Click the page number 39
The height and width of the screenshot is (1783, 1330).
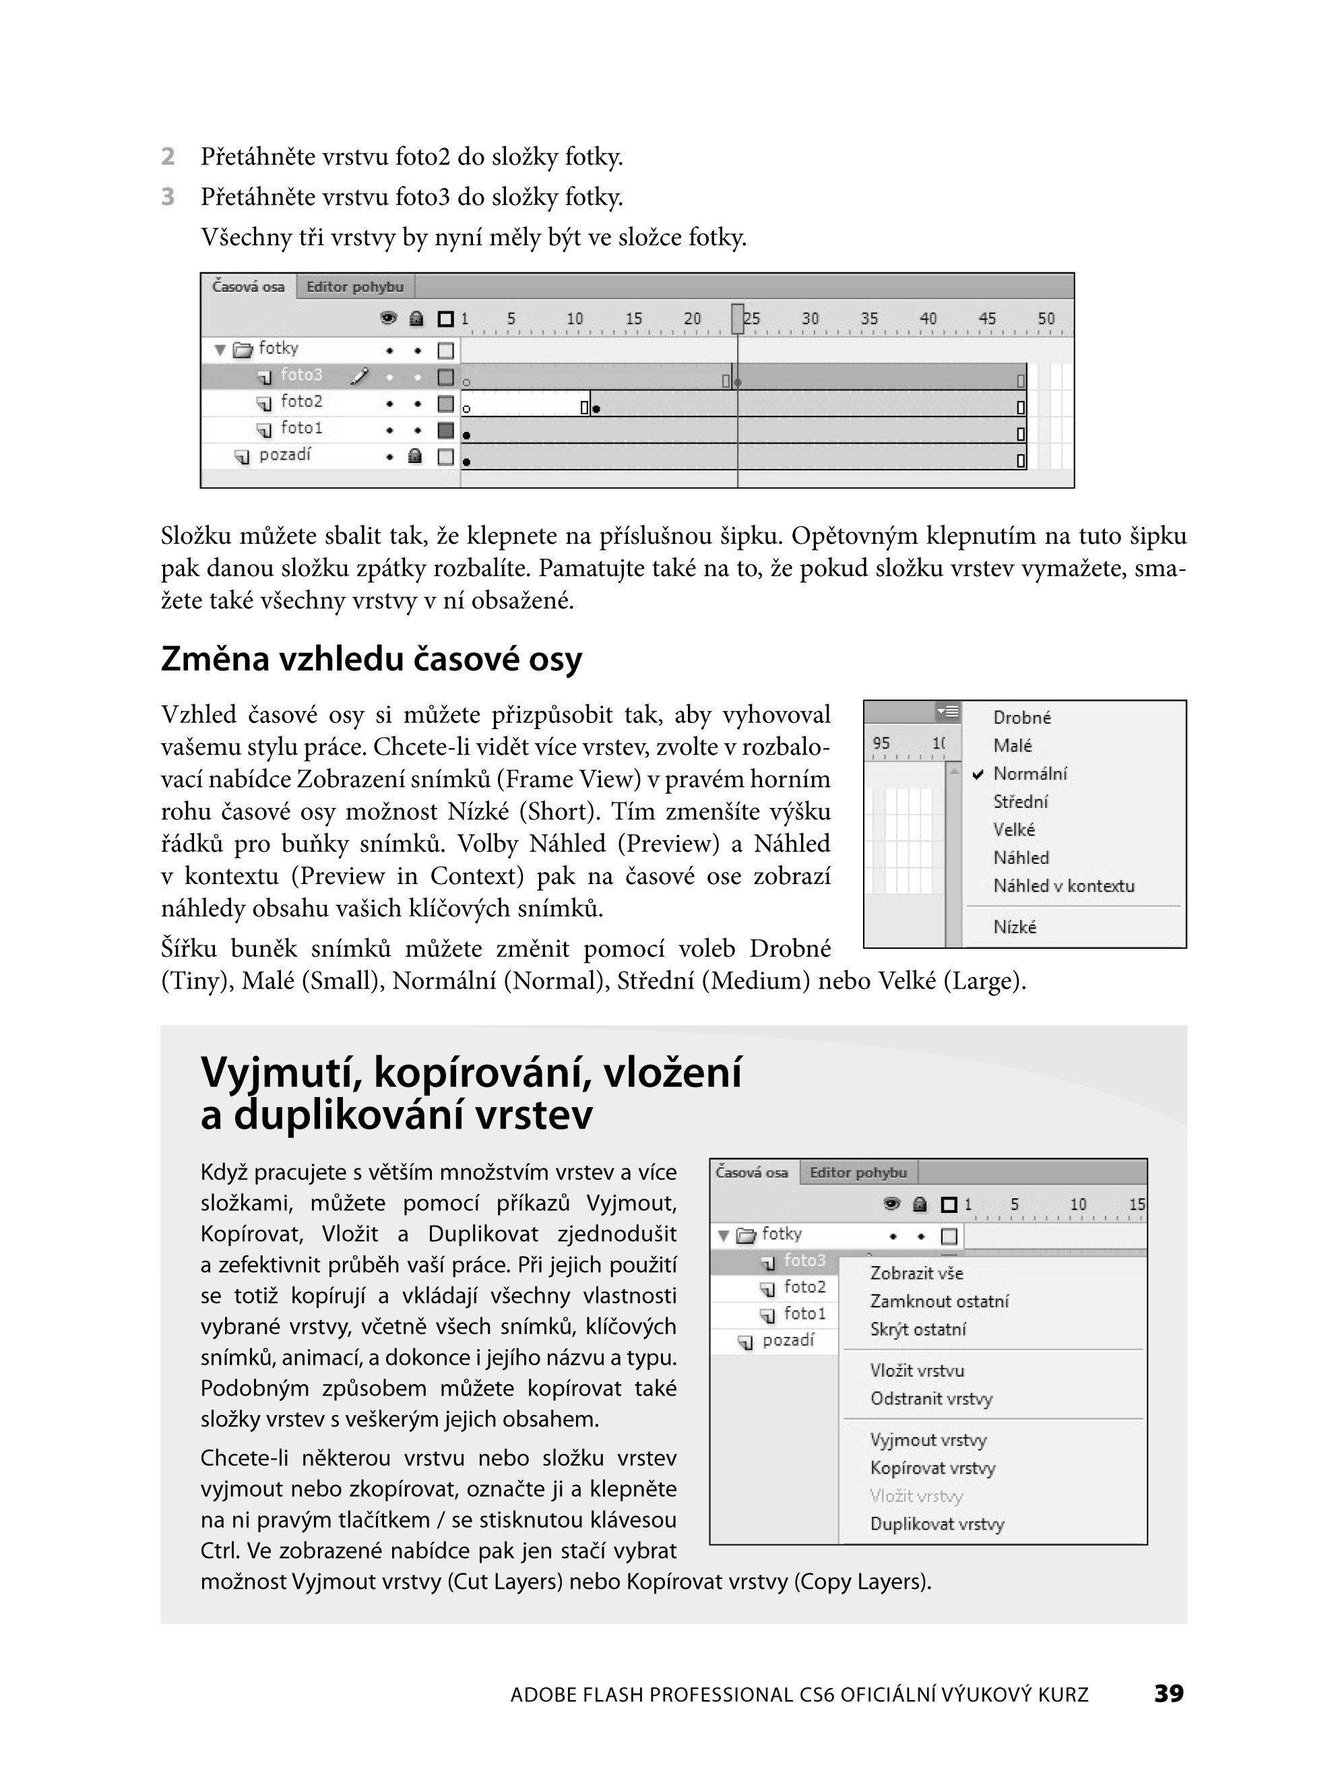[x=1168, y=1693]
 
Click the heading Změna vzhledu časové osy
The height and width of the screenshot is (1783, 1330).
[x=371, y=658]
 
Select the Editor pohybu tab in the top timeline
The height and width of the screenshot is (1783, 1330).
[x=355, y=286]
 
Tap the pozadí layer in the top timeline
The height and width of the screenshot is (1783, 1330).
[x=284, y=456]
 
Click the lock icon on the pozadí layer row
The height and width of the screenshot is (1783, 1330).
[x=416, y=456]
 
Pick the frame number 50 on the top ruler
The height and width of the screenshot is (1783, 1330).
[x=1046, y=319]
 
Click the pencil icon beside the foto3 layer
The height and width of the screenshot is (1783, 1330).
[x=360, y=375]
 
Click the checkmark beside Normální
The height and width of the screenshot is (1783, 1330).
[x=978, y=774]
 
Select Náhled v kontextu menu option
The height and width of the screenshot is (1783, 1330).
[x=1063, y=886]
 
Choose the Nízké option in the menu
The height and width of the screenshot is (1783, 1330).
[x=1015, y=927]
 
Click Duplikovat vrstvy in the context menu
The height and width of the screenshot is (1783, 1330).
[x=937, y=1524]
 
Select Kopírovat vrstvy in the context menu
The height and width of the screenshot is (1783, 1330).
[x=932, y=1468]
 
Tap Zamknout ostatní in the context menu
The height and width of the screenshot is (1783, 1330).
[x=939, y=1302]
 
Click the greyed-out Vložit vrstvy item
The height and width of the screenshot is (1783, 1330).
[x=916, y=1497]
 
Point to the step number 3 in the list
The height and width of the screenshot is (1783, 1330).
[x=168, y=197]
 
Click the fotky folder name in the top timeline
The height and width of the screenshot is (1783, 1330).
[x=278, y=348]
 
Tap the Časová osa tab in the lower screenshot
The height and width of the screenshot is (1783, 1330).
[x=751, y=1173]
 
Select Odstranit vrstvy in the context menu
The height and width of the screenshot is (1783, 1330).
[x=930, y=1399]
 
